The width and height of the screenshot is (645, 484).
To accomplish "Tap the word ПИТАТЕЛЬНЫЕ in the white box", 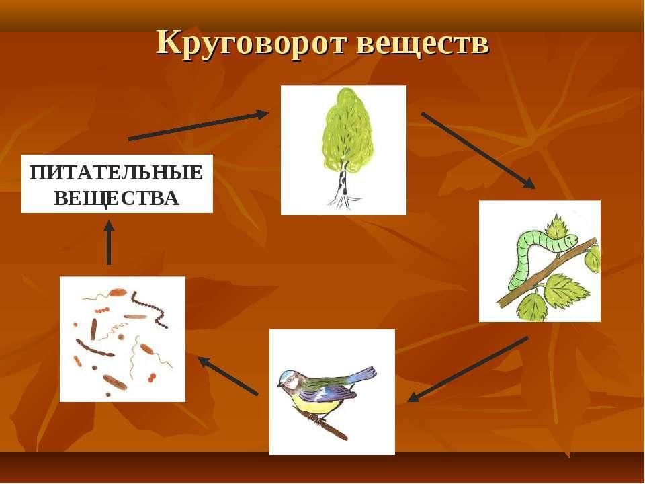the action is click(x=116, y=173).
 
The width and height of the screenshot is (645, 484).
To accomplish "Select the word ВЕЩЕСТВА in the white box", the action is click(x=116, y=198).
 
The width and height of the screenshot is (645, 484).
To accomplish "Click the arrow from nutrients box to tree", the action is click(x=198, y=126).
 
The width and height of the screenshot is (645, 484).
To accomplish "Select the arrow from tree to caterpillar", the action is click(x=478, y=150).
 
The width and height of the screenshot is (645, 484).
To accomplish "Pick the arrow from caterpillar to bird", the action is click(x=468, y=369).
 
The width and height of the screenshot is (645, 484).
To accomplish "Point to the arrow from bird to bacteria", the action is click(x=228, y=376).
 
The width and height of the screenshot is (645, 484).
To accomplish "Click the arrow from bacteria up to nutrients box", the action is click(x=109, y=243).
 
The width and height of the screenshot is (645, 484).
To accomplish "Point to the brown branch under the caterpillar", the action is click(x=547, y=272).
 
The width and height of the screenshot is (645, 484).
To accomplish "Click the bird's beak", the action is click(x=279, y=385).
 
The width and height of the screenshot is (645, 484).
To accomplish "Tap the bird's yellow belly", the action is click(x=316, y=405).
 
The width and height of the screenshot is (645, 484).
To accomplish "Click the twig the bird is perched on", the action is click(x=322, y=422).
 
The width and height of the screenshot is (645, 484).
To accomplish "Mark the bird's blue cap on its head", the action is click(x=289, y=374).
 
